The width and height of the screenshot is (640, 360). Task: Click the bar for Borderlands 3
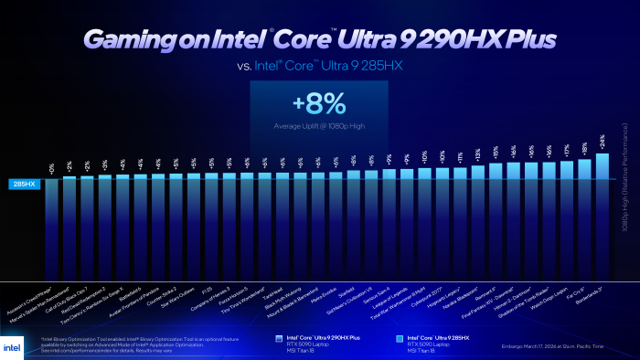(602, 210)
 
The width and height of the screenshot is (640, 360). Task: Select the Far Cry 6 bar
(584, 213)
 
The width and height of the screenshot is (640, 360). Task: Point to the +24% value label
(602, 142)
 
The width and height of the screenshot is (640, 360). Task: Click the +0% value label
(51, 167)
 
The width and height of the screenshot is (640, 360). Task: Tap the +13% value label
(477, 154)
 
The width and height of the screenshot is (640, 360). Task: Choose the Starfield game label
(344, 291)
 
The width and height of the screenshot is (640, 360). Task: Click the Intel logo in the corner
(16, 343)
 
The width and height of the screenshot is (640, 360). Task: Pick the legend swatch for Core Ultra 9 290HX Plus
(279, 337)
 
